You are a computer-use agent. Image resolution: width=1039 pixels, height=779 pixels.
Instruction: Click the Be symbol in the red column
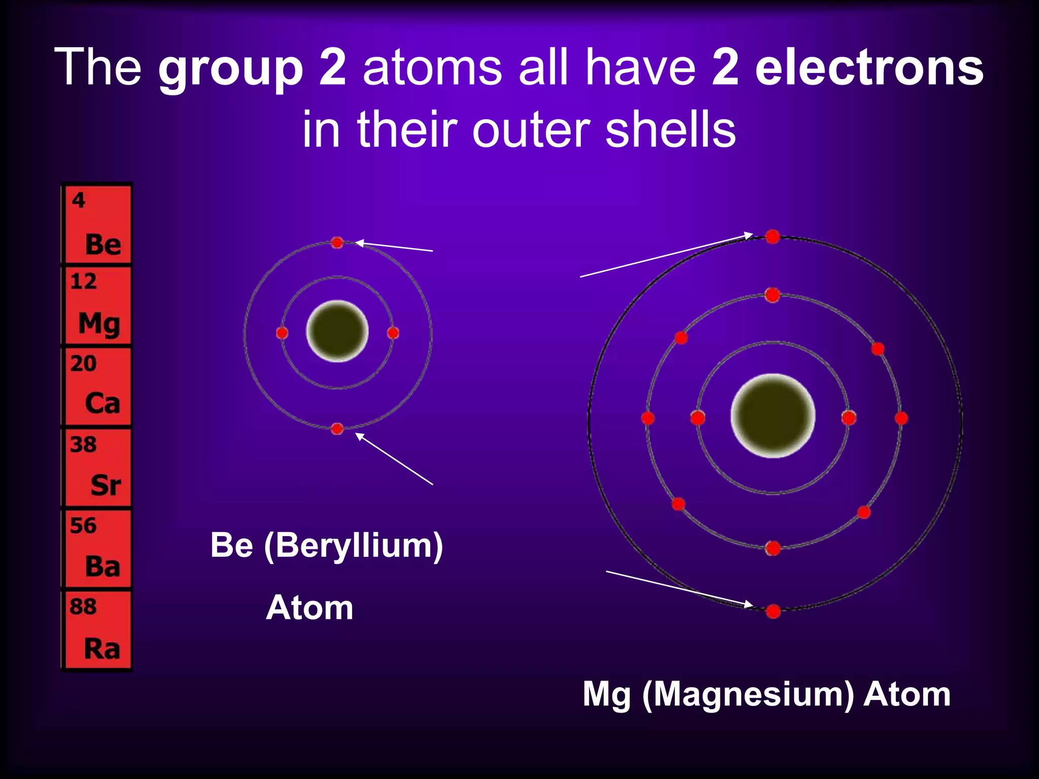[103, 244]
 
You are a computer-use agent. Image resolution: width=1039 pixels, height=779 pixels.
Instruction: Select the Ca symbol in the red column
[102, 404]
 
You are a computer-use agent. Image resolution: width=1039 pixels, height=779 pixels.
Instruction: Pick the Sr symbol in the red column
[106, 485]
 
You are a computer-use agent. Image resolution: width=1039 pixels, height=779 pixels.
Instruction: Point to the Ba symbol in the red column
[102, 566]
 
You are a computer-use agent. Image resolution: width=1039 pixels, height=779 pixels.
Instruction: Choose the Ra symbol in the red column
[102, 648]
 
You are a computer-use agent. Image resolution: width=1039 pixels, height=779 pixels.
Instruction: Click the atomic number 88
[83, 606]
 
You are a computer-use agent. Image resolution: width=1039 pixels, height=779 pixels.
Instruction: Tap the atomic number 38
[83, 444]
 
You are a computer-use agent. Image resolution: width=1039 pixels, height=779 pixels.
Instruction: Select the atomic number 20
[83, 363]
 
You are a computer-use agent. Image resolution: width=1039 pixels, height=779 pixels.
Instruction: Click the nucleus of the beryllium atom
[337, 332]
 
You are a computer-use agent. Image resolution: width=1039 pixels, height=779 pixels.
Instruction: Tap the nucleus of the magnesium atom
[773, 416]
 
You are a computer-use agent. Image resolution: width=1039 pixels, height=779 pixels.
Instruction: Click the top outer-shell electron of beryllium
[337, 243]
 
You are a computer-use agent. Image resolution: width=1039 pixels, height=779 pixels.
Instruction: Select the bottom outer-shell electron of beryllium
[337, 429]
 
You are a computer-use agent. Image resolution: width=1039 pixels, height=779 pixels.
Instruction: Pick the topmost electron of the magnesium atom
[773, 236]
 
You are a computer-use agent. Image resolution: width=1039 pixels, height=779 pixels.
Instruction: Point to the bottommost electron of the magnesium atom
[773, 611]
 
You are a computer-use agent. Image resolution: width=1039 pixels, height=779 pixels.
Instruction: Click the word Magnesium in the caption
[748, 694]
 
